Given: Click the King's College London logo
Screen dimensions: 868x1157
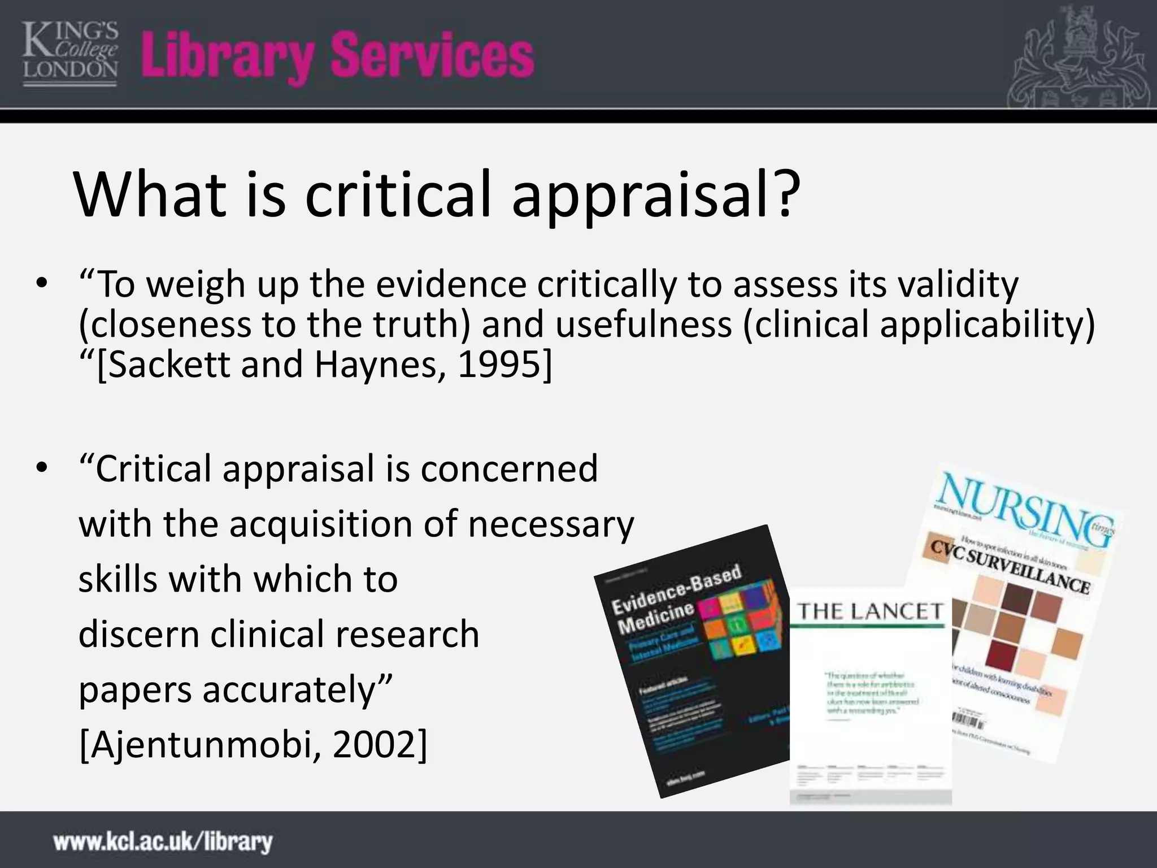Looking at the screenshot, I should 70,53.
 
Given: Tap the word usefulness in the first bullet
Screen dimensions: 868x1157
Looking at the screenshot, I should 643,325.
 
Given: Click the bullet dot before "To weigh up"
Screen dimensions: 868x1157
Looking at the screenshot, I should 41,284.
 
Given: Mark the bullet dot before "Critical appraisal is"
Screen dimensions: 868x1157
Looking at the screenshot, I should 41,468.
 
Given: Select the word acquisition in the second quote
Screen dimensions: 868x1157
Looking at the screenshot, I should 321,524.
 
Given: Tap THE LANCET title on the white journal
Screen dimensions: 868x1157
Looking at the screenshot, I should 870,611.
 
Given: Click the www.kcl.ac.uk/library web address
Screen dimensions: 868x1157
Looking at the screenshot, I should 163,841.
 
